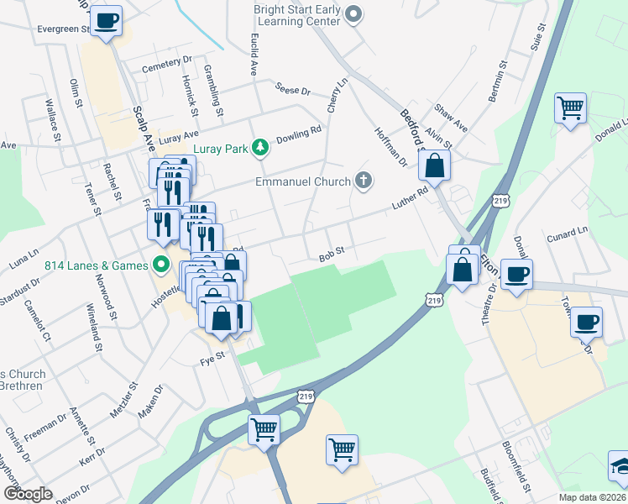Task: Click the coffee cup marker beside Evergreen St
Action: pyautogui.click(x=106, y=20)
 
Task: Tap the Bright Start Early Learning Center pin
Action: pyautogui.click(x=353, y=13)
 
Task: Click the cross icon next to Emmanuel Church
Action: pyautogui.click(x=363, y=180)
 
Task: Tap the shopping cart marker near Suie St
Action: pyautogui.click(x=570, y=108)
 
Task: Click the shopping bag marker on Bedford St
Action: pyautogui.click(x=435, y=165)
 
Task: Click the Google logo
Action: pyautogui.click(x=27, y=493)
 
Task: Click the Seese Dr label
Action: pyautogui.click(x=293, y=88)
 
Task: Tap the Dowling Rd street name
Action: pyautogui.click(x=304, y=132)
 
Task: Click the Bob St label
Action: pyautogui.click(x=332, y=256)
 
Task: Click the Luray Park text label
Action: pyautogui.click(x=222, y=149)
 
